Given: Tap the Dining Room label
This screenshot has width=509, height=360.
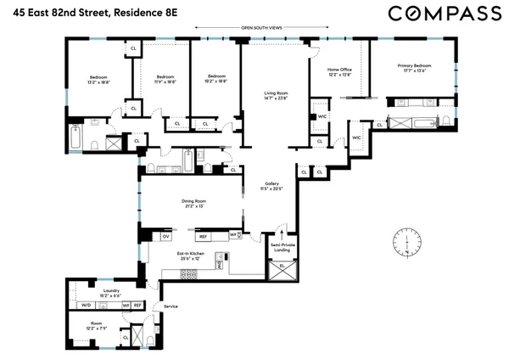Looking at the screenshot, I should [x=194, y=200].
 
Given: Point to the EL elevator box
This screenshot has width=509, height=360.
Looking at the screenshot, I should [x=282, y=267].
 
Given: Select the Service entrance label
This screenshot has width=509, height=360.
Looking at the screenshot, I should [x=171, y=305].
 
